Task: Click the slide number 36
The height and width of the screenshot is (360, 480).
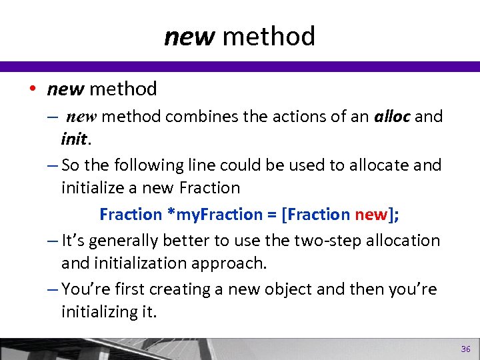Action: point(465,349)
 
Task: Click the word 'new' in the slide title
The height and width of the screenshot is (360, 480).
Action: point(189,36)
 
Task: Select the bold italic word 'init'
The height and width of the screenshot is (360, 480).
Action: point(73,139)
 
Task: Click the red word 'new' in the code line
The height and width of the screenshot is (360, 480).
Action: point(371,214)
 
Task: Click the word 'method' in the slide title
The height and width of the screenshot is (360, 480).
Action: point(269,36)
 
